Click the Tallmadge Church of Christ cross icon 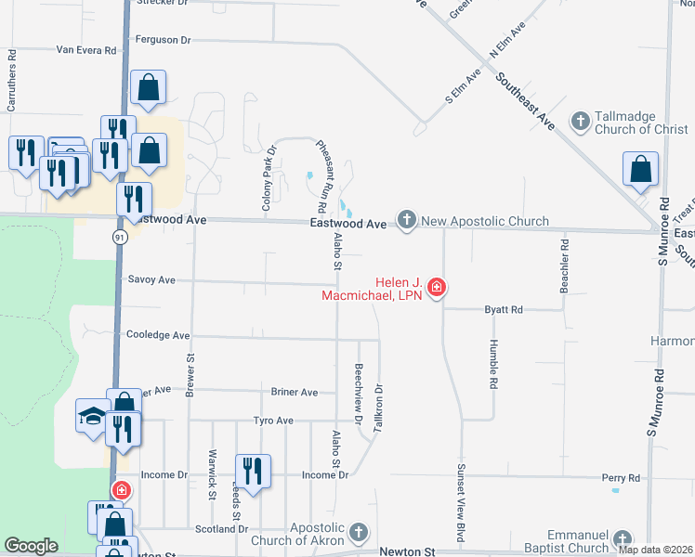[580, 121]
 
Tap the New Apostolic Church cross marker [406, 221]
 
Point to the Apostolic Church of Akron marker [359, 534]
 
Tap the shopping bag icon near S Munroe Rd [641, 170]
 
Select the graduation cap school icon [93, 415]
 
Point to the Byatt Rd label [504, 309]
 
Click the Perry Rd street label [621, 478]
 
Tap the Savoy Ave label [151, 279]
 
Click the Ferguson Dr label [163, 40]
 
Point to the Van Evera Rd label [86, 49]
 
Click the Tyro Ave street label [273, 421]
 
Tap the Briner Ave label [295, 392]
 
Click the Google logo [31, 546]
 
